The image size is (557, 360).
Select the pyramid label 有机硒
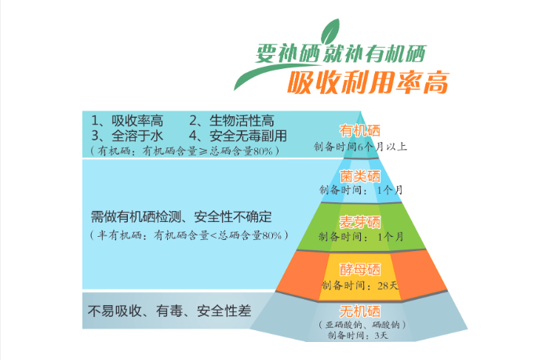click(359, 130)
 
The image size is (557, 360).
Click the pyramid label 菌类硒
click(359, 176)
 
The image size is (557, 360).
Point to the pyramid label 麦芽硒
click(359, 220)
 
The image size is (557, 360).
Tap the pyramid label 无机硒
click(359, 309)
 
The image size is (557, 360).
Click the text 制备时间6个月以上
click(359, 146)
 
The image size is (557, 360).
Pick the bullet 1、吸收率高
click(126, 121)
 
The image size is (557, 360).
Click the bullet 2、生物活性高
click(231, 121)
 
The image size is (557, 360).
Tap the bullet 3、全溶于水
click(126, 135)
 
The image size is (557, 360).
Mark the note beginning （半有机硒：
click(188, 235)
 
